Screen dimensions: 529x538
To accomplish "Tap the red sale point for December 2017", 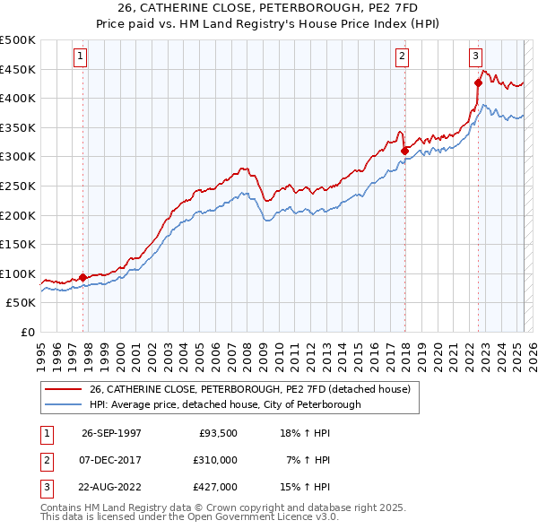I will pyautogui.click(x=405, y=151).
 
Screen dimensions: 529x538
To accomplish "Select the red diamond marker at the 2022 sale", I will pyautogui.click(x=479, y=82).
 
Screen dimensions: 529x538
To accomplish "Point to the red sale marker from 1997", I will pyautogui.click(x=83, y=277).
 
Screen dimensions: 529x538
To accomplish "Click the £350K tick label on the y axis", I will pyautogui.click(x=18, y=127).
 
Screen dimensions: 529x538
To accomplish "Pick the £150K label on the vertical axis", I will pyautogui.click(x=18, y=244).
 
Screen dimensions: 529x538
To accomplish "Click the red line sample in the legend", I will pyautogui.click(x=63, y=389).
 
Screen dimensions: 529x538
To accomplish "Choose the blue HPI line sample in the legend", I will pyautogui.click(x=63, y=404).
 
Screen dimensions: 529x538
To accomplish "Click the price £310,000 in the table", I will pyautogui.click(x=215, y=460).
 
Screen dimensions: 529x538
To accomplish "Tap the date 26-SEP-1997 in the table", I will pyautogui.click(x=111, y=433).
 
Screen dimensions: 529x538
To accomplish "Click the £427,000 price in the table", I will pyautogui.click(x=215, y=487).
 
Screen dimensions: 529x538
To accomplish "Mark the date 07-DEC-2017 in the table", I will pyautogui.click(x=111, y=460).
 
